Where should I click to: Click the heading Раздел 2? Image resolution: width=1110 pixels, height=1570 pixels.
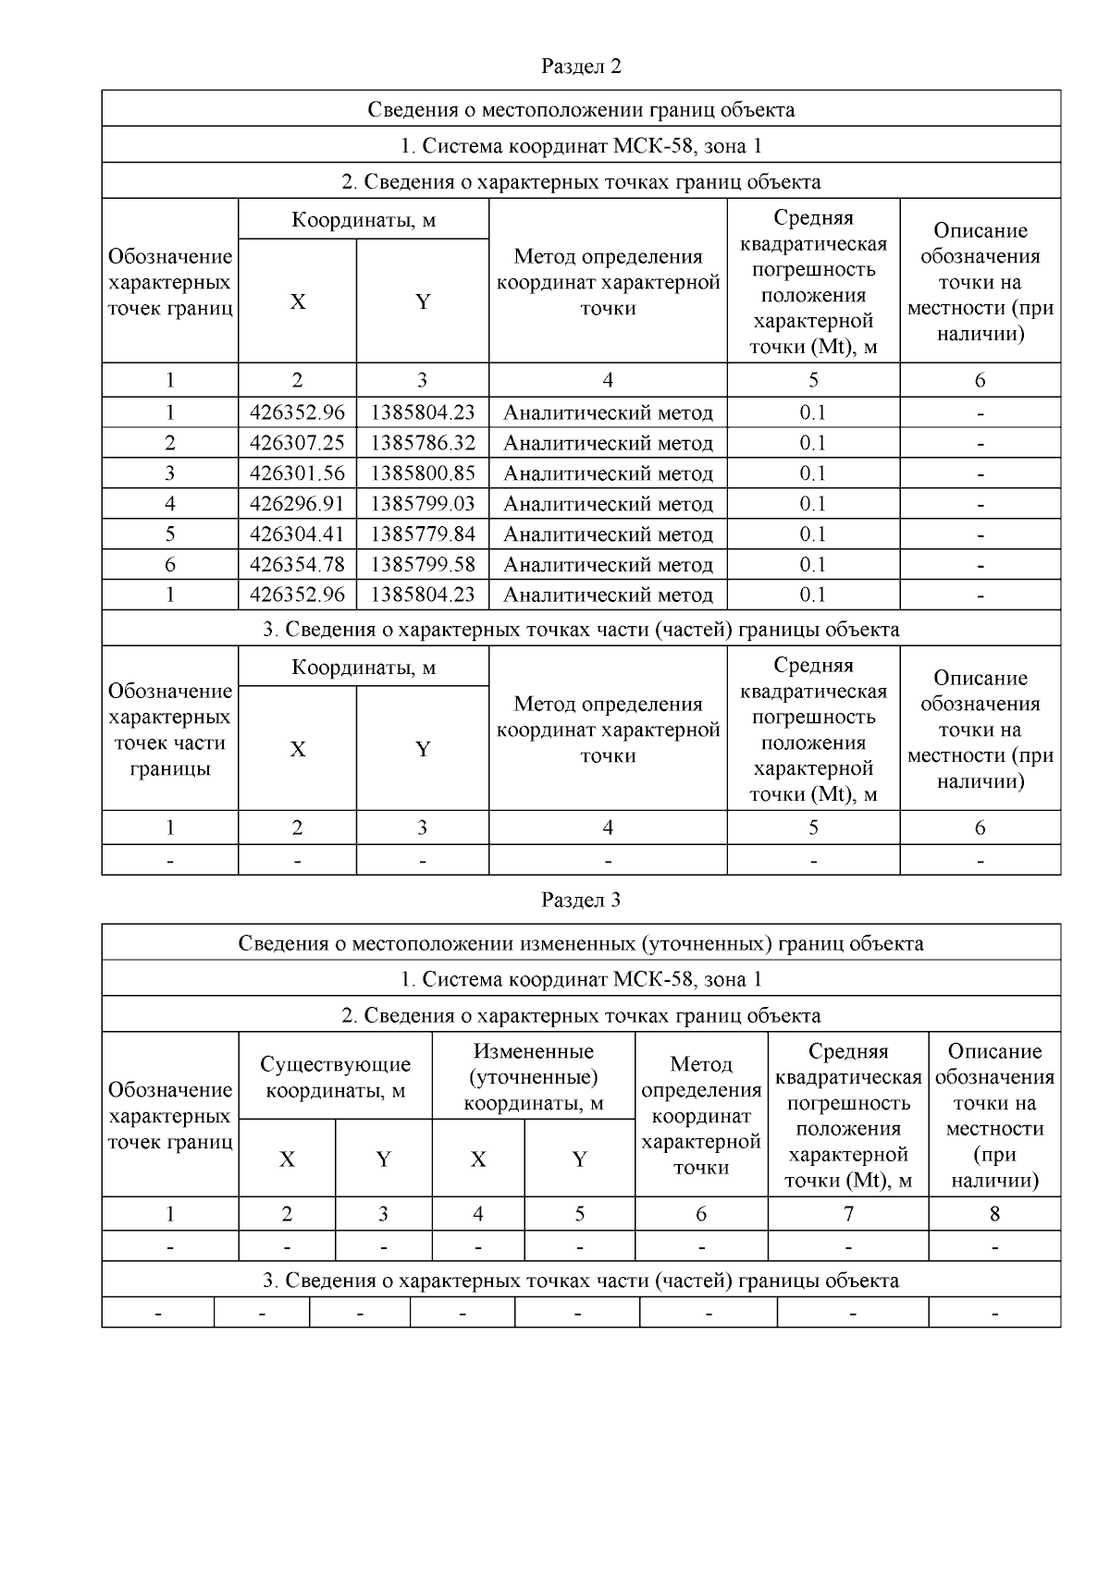pos(580,67)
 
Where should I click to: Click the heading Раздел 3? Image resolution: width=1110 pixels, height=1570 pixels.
pos(580,900)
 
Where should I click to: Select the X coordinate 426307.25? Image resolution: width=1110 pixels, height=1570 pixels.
pos(297,443)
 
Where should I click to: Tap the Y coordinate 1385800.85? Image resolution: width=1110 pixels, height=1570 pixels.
pos(423,473)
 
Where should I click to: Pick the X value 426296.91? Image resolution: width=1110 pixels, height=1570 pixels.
pos(297,504)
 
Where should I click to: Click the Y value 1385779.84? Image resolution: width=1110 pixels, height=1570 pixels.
pos(423,534)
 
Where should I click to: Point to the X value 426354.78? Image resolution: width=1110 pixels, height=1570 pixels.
pos(297,565)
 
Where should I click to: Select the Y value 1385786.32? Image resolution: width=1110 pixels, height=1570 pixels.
pos(423,443)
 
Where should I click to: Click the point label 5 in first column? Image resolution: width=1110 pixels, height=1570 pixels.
pos(169,534)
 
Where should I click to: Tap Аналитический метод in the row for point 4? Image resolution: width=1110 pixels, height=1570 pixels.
pos(608,504)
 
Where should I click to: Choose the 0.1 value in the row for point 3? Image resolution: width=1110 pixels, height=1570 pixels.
pos(813,473)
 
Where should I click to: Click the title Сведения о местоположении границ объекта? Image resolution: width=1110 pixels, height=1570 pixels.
pos(580,110)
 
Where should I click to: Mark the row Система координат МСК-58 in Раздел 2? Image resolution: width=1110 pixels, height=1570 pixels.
pos(580,146)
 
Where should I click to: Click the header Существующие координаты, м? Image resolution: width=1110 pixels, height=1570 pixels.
pos(335,1077)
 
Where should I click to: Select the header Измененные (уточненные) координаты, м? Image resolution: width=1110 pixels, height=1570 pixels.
pos(533,1077)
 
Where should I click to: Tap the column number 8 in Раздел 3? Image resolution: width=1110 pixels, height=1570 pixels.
pos(994,1214)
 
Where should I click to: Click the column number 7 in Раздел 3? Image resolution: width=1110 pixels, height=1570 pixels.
pos(847,1214)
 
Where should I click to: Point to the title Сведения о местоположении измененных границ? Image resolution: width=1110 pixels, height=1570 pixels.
pos(580,944)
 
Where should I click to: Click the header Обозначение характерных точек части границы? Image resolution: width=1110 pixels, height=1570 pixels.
pos(169,730)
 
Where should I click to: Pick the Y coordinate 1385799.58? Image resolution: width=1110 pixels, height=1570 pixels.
pos(423,565)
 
